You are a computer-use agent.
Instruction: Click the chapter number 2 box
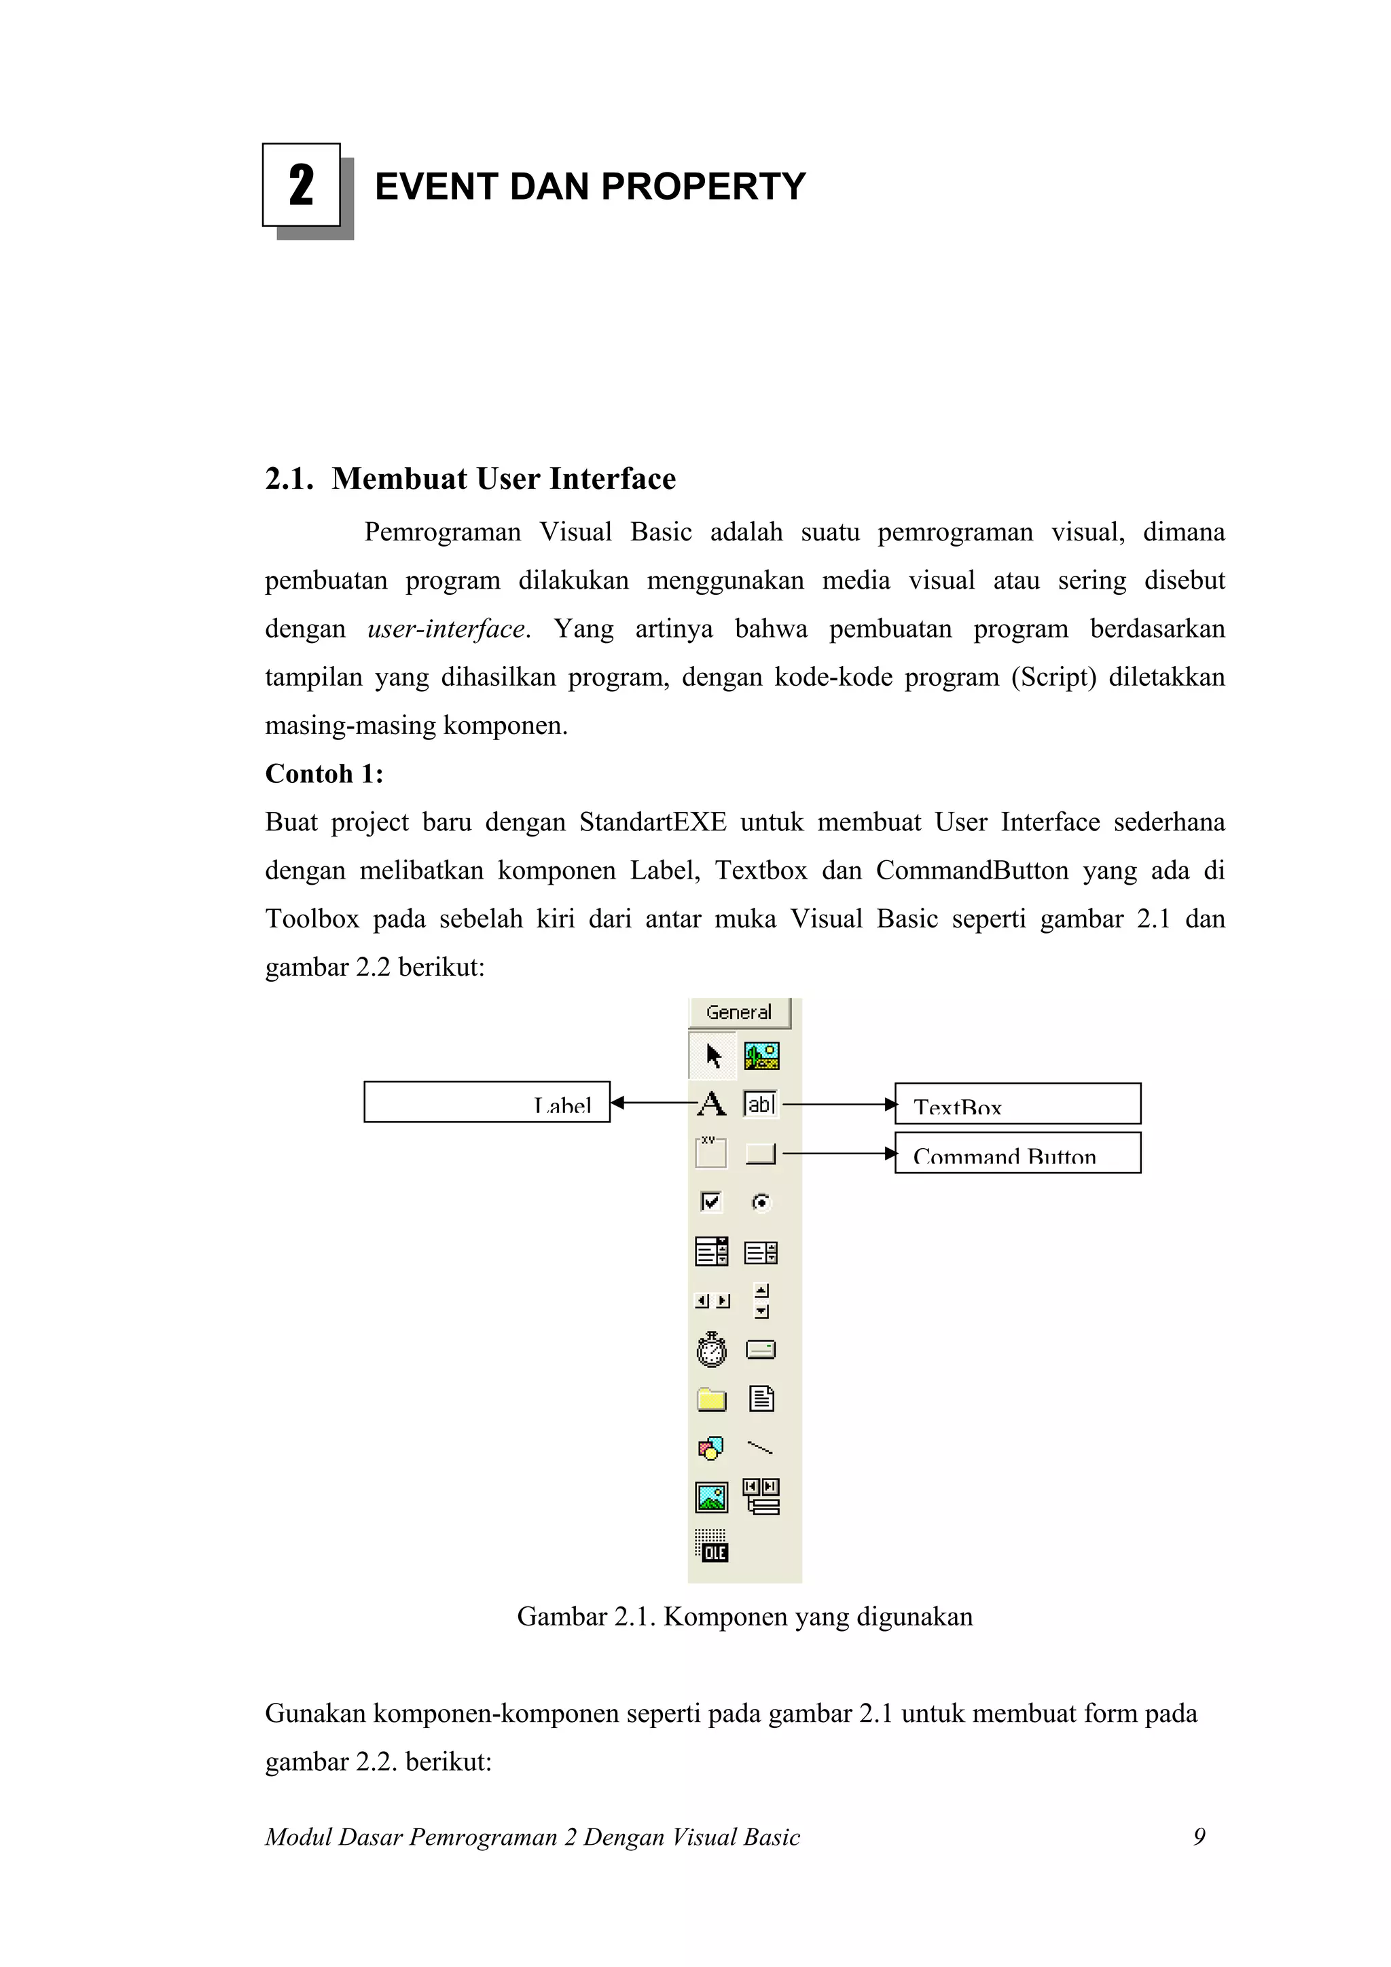coord(302,185)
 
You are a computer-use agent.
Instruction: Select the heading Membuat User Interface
coord(503,479)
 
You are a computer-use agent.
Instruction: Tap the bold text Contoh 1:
coord(324,773)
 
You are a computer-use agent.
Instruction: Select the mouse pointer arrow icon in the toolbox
coord(713,1055)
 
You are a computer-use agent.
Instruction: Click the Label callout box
coord(487,1103)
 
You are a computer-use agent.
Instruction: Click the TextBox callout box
coord(1017,1104)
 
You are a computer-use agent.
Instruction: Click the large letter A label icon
coord(711,1104)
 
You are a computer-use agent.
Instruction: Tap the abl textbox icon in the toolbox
coord(760,1104)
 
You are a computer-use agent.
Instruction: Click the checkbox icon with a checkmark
coord(711,1202)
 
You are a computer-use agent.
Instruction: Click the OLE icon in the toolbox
coord(711,1546)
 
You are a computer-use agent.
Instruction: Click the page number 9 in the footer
coord(1199,1837)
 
